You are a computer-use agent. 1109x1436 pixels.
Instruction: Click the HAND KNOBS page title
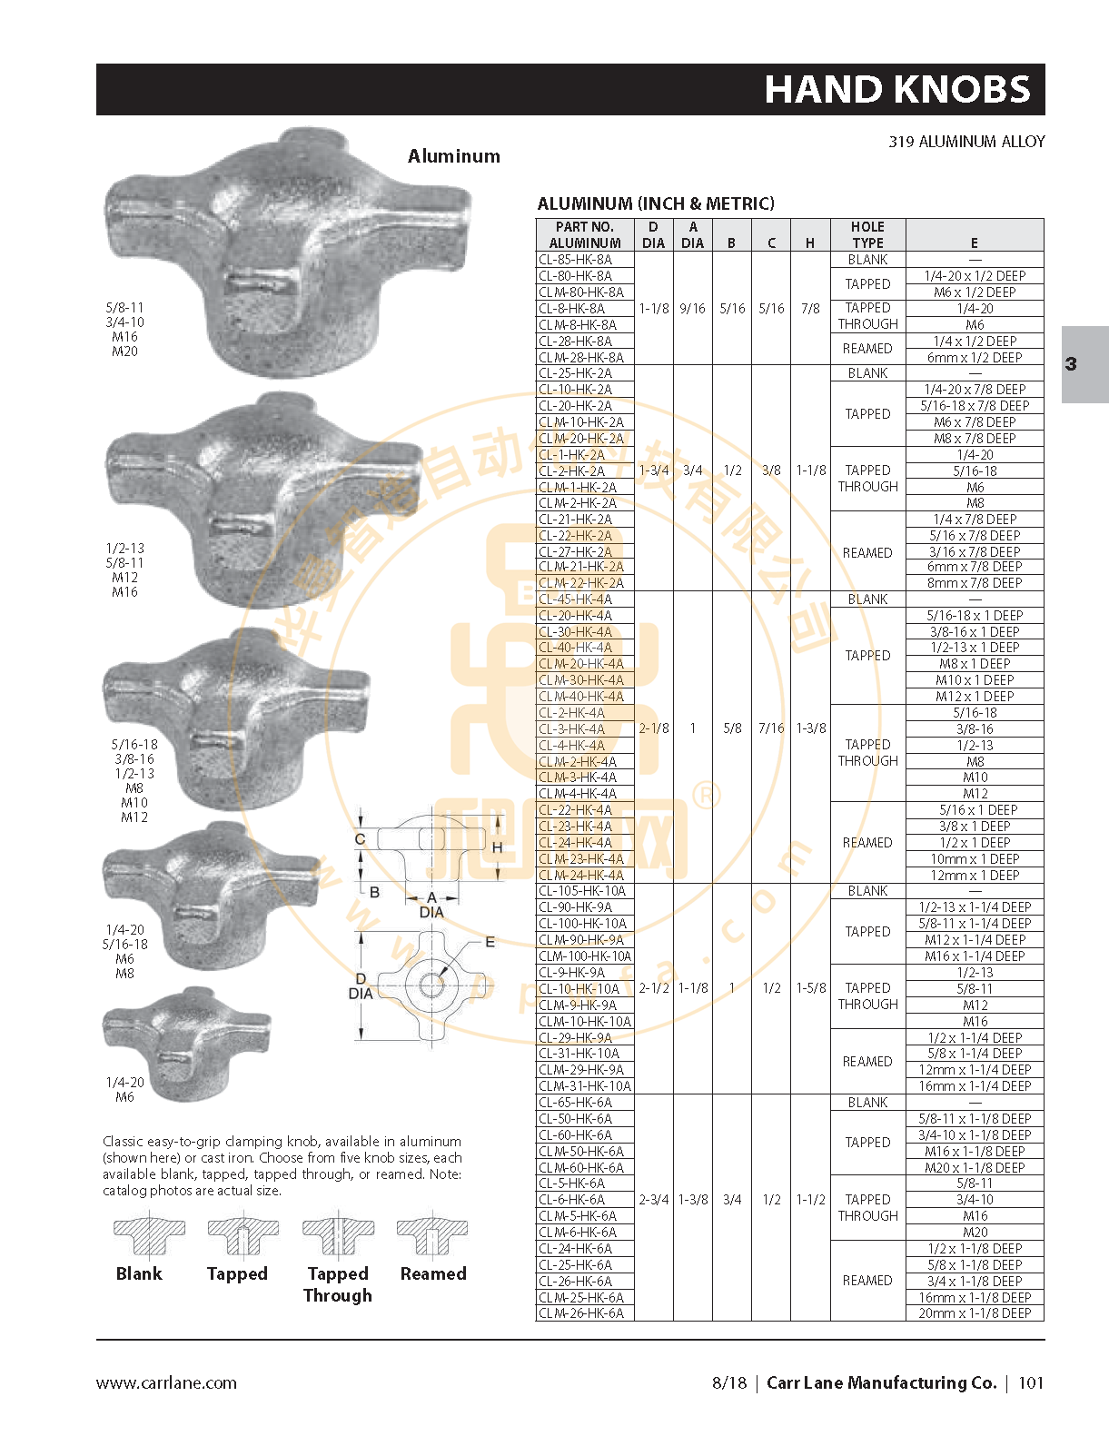click(897, 90)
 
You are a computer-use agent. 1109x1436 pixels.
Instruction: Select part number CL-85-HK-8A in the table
click(575, 260)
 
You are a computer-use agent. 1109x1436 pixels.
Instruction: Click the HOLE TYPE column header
click(867, 234)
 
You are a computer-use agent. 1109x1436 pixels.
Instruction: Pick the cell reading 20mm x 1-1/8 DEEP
click(975, 1313)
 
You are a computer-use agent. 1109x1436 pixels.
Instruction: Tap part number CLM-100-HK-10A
click(585, 956)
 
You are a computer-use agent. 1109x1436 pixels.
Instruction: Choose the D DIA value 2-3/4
click(654, 1200)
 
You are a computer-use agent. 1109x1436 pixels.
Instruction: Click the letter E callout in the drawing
click(490, 942)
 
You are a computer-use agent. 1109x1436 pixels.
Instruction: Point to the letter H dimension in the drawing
click(498, 847)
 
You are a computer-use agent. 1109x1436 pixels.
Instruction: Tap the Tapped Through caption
click(338, 1284)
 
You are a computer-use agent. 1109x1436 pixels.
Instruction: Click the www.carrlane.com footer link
click(166, 1382)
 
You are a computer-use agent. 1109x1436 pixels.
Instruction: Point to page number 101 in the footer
click(1031, 1382)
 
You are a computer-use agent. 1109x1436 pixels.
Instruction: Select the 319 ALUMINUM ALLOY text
click(966, 142)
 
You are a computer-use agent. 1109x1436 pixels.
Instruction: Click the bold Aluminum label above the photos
click(454, 156)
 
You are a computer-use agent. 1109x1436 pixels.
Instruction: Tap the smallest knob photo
click(185, 1043)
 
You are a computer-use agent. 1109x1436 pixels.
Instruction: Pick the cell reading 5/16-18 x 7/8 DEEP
click(975, 406)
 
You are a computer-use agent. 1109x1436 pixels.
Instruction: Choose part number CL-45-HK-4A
click(575, 599)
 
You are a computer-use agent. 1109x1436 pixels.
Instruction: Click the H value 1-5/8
click(810, 988)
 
